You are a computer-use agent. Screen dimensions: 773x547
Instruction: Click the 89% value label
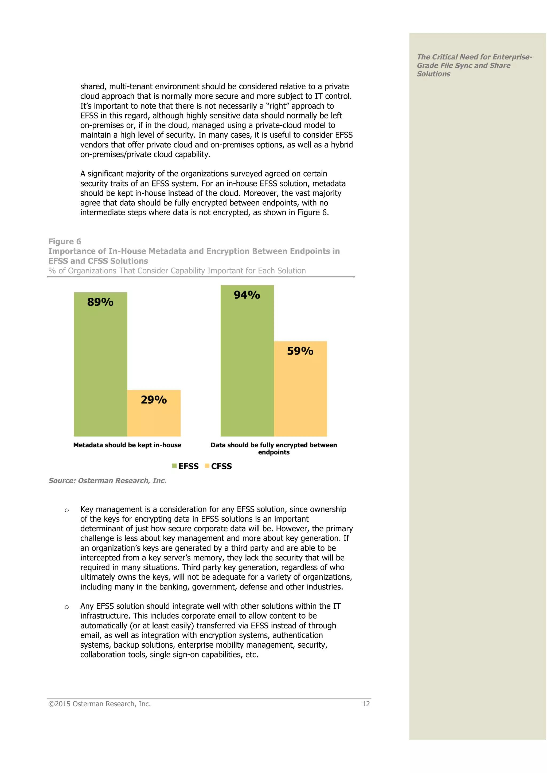pyautogui.click(x=100, y=302)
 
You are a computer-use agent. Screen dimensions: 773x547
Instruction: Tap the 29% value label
pyautogui.click(x=154, y=400)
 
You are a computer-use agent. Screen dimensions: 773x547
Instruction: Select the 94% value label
pyautogui.click(x=247, y=295)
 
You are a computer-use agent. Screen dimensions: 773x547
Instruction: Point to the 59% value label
pyautogui.click(x=300, y=351)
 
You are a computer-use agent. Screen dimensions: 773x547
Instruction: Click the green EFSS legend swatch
pyautogui.click(x=174, y=466)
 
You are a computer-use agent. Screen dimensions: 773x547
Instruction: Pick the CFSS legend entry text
pyautogui.click(x=221, y=466)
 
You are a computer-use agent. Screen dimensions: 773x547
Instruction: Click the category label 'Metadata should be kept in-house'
pyautogui.click(x=127, y=445)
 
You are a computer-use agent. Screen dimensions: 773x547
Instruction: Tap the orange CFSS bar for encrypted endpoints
pyautogui.click(x=300, y=397)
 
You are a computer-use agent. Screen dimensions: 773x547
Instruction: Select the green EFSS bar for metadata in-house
pyautogui.click(x=100, y=370)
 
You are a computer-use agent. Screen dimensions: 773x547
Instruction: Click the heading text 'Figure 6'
pyautogui.click(x=65, y=241)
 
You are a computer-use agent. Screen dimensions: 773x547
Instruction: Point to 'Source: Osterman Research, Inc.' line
pyautogui.click(x=107, y=480)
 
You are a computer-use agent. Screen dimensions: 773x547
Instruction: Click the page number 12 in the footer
pyautogui.click(x=366, y=704)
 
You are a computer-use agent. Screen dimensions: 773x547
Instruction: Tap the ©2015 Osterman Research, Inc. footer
pyautogui.click(x=99, y=704)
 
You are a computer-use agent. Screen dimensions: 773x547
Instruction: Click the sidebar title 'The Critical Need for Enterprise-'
pyautogui.click(x=474, y=57)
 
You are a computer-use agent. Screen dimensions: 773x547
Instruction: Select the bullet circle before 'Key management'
pyautogui.click(x=67, y=510)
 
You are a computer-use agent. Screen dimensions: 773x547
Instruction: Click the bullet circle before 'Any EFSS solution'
pyautogui.click(x=67, y=607)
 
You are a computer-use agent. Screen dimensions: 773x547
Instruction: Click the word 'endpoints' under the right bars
pyautogui.click(x=274, y=452)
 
